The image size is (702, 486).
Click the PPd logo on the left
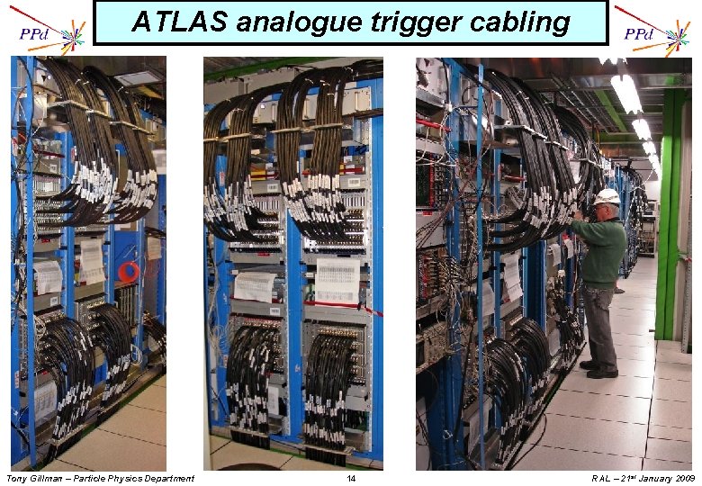(x=36, y=33)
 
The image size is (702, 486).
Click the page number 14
(x=351, y=478)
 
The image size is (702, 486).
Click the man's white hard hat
(x=608, y=195)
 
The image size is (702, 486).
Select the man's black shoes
(x=599, y=370)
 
